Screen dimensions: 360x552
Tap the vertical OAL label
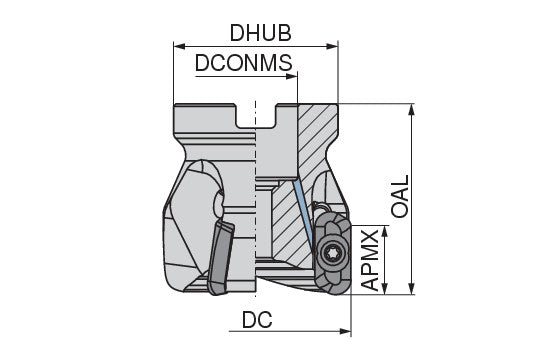pyautogui.click(x=399, y=197)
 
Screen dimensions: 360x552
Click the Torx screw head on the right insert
pyautogui.click(x=332, y=254)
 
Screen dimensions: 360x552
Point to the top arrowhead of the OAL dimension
pyautogui.click(x=412, y=106)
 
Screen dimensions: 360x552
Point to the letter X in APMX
pyautogui.click(x=370, y=236)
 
